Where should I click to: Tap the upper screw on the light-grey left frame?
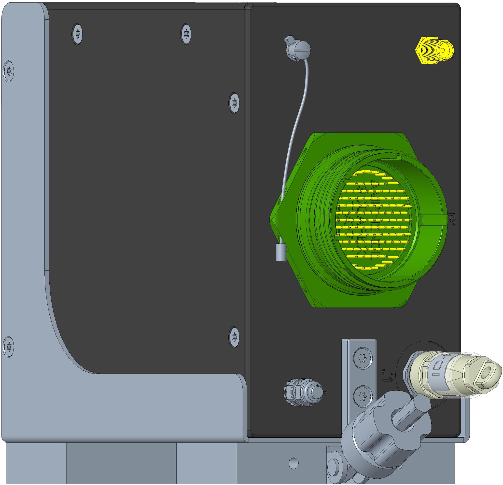pyautogui.click(x=9, y=71)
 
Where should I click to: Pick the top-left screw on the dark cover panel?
pyautogui.click(x=77, y=34)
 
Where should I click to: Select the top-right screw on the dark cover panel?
pyautogui.click(x=185, y=34)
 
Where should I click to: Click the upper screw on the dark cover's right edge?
pyautogui.click(x=234, y=103)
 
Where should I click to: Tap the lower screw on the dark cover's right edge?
pyautogui.click(x=234, y=337)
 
